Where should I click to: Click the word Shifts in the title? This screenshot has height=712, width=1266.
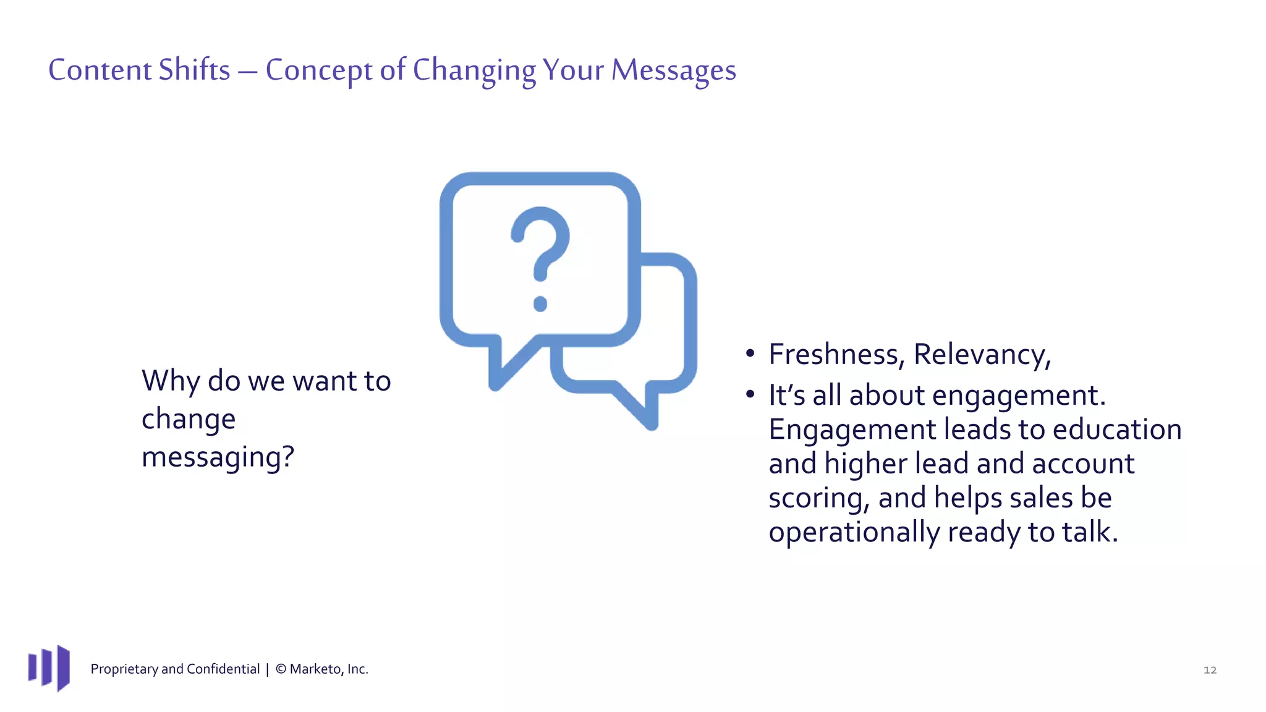tap(194, 70)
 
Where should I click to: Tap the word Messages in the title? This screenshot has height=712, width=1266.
tap(673, 70)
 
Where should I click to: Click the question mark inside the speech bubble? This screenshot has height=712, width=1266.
tap(540, 247)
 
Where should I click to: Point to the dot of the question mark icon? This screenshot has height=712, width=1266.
tap(540, 303)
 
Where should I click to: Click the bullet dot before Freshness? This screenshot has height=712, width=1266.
tap(750, 354)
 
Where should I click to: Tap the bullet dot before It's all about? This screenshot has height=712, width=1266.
tap(750, 394)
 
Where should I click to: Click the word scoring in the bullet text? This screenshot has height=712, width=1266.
tap(818, 498)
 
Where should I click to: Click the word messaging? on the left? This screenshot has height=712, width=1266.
tap(218, 458)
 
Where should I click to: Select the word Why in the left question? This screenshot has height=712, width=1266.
tap(171, 381)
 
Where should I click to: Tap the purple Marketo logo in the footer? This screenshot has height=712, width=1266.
tap(49, 668)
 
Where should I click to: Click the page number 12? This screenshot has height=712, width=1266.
tap(1210, 670)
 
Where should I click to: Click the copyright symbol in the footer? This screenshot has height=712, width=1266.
tap(281, 669)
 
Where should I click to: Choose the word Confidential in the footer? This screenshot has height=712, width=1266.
tap(223, 669)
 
